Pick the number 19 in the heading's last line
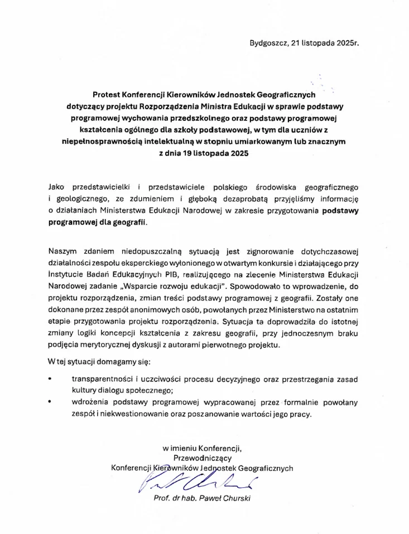tap(188, 153)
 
